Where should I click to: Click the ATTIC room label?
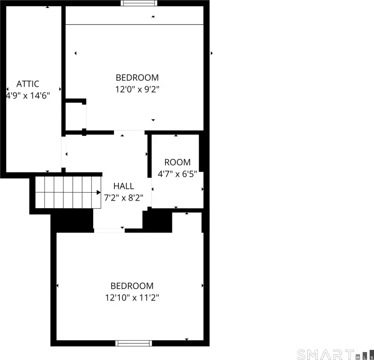point(28,84)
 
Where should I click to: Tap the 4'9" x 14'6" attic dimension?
point(28,96)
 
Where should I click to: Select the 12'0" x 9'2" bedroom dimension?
point(137,90)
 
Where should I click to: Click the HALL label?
point(124,186)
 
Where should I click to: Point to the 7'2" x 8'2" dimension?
point(124,197)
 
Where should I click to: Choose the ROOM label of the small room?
point(178,162)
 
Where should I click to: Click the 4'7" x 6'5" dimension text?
point(178,174)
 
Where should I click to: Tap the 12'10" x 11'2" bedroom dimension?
point(132,298)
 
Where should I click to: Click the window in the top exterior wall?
point(139,3)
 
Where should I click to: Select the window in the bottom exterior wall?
point(134,343)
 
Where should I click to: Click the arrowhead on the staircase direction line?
point(98,192)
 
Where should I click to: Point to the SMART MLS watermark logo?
point(336,354)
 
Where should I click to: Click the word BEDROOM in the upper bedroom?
point(137,77)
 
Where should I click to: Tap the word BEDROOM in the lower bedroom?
point(132,285)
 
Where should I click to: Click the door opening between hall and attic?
point(63,152)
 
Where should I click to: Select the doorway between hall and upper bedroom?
point(129,132)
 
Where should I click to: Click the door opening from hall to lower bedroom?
point(109,231)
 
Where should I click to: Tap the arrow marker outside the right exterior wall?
point(211,53)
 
